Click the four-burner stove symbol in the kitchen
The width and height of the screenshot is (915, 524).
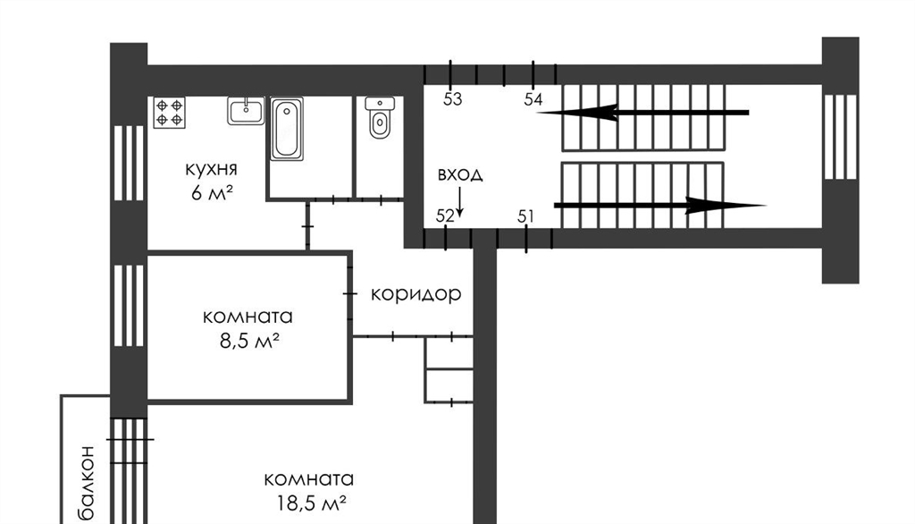[x=170, y=113]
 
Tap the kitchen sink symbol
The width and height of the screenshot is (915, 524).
[x=246, y=110]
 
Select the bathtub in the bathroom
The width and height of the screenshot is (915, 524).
[x=287, y=129]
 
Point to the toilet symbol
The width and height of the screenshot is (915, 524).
[x=379, y=118]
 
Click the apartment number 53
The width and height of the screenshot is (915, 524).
[x=452, y=99]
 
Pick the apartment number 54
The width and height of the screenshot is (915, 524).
[x=533, y=99]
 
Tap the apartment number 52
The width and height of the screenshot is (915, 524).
[x=445, y=216]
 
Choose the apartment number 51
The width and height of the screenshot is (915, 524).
[x=525, y=216]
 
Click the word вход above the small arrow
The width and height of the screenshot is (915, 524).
[x=460, y=174]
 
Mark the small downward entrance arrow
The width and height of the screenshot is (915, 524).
[x=460, y=202]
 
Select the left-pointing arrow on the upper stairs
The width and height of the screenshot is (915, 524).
[x=642, y=112]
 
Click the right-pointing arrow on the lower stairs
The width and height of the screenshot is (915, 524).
[x=660, y=206]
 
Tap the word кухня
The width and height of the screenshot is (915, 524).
[x=211, y=169]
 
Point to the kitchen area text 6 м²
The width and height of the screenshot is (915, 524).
[x=212, y=192]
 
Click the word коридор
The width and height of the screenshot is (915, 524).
[x=416, y=294]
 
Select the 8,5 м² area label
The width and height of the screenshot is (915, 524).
[x=249, y=340]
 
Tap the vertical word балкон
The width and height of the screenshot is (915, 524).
[x=87, y=483]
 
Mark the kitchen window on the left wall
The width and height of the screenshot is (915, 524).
[x=129, y=163]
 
